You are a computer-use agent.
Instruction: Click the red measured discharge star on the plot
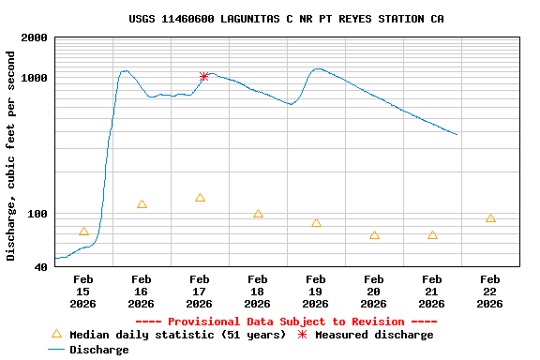203,77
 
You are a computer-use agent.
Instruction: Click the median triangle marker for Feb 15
83,232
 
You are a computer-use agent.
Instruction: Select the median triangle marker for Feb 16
142,204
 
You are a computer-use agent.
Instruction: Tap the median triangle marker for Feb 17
200,198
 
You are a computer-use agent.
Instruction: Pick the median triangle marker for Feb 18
258,214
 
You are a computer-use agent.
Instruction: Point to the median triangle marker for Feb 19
316,223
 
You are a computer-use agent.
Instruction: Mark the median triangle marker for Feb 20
374,235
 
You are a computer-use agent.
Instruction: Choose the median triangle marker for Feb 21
432,235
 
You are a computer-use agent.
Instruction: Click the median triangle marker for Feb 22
490,218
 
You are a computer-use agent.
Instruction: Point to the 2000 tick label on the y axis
35,38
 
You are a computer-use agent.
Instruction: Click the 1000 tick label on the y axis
35,78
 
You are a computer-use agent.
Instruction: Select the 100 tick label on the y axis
37,215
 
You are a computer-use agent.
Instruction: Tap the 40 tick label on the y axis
41,268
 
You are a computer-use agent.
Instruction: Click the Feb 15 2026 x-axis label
83,292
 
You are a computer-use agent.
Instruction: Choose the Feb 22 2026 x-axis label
490,292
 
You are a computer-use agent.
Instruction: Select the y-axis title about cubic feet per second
11,156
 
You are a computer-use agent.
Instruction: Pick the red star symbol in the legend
302,334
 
